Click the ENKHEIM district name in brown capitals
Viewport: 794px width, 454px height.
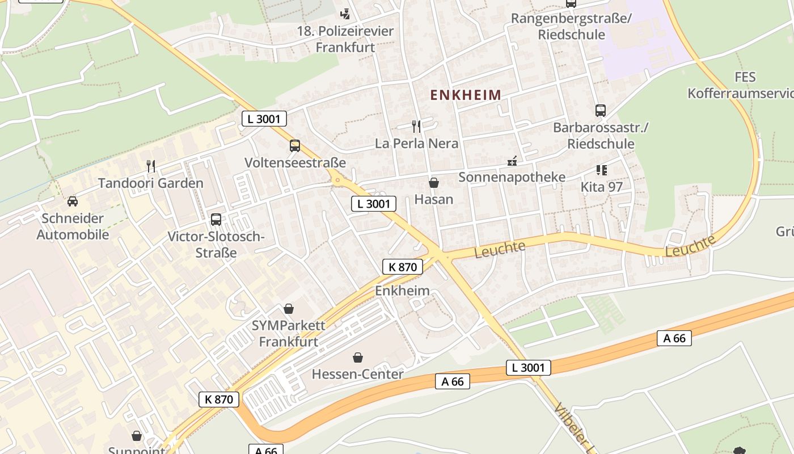(x=466, y=95)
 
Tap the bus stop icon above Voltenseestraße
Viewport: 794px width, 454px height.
(x=295, y=146)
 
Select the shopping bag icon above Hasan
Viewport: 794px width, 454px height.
(x=434, y=183)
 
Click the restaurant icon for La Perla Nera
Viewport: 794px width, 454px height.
(x=416, y=126)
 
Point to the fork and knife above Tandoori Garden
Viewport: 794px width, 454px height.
(x=151, y=166)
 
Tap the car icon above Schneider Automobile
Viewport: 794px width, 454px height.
(x=73, y=201)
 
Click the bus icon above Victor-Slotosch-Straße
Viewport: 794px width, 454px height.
(x=216, y=220)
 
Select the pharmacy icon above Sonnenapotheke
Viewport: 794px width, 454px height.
(x=512, y=161)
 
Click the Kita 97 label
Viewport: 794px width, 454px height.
(x=601, y=187)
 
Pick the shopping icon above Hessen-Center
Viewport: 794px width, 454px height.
(x=358, y=358)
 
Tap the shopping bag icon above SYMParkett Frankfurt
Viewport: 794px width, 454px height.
(x=289, y=309)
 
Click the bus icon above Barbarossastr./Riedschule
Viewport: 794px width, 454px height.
(x=601, y=111)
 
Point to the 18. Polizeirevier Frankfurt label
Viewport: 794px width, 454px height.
(x=345, y=39)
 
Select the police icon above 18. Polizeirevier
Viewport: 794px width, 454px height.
(x=345, y=14)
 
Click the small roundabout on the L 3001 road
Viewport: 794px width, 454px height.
(x=339, y=181)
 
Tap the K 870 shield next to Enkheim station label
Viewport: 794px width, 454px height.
(x=403, y=267)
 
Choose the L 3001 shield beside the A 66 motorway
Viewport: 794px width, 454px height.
(x=528, y=368)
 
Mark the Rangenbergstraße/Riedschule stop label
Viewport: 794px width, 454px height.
(x=571, y=26)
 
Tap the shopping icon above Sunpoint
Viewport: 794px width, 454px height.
(x=137, y=436)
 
